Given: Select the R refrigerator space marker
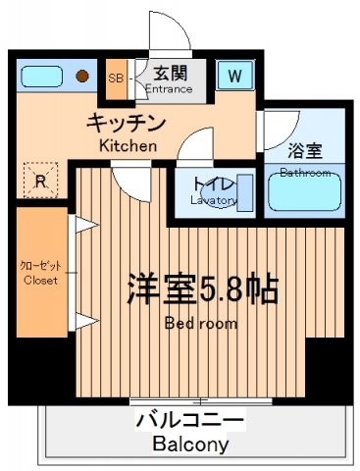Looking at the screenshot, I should [x=39, y=180].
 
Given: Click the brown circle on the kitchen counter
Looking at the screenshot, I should [x=83, y=75].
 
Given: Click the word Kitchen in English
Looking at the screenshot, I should [x=128, y=145].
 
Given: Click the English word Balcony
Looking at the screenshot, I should [x=190, y=445].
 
